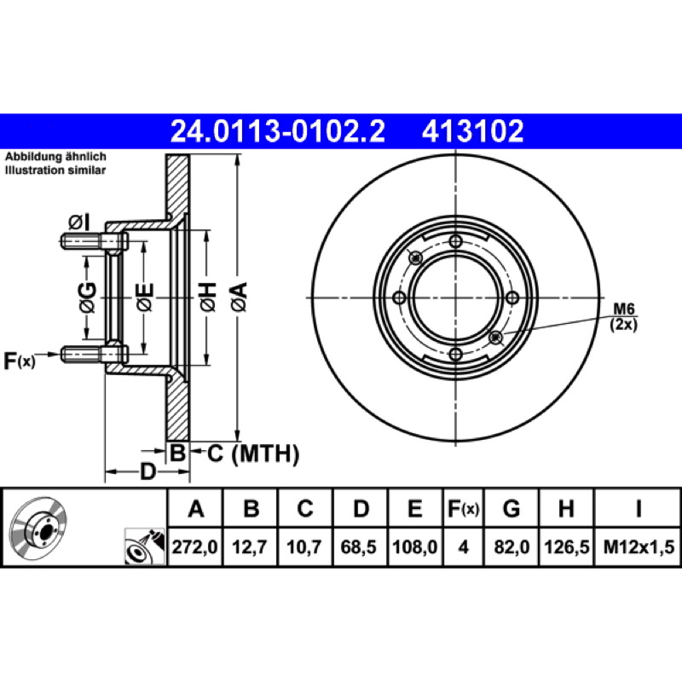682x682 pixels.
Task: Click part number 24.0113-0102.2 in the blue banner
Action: pyautogui.click(x=278, y=131)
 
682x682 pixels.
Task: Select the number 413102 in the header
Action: pyautogui.click(x=472, y=131)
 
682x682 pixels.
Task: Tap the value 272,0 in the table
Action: pyautogui.click(x=194, y=546)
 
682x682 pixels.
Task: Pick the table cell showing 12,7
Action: pyautogui.click(x=250, y=546)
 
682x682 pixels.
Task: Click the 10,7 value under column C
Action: pyautogui.click(x=304, y=546)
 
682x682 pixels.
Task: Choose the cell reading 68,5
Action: pyautogui.click(x=359, y=546)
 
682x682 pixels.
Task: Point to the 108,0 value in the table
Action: pyautogui.click(x=414, y=546)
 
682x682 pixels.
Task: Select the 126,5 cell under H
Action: pyautogui.click(x=566, y=546)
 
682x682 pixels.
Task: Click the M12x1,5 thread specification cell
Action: pyautogui.click(x=638, y=546)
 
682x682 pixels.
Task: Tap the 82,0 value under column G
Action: pyautogui.click(x=511, y=546)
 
